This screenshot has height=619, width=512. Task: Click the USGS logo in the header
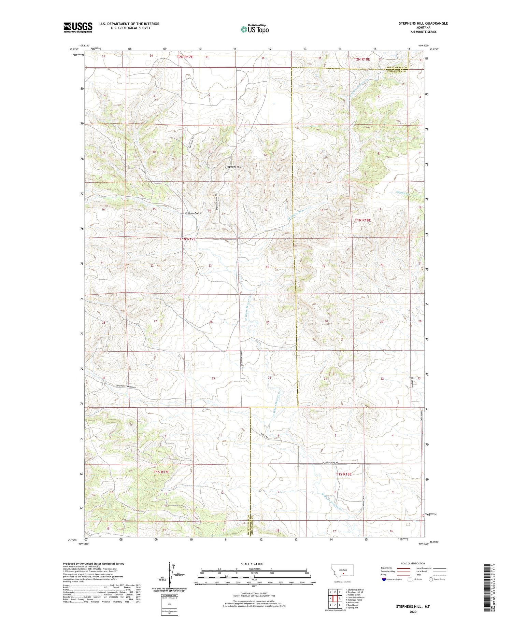[78, 27]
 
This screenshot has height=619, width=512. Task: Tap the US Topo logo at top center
[255, 29]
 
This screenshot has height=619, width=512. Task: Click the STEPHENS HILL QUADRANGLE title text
[423, 23]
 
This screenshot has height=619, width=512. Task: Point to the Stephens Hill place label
[233, 167]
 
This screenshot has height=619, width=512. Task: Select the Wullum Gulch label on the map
[193, 213]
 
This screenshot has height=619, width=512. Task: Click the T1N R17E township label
[188, 239]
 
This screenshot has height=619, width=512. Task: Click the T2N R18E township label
[362, 59]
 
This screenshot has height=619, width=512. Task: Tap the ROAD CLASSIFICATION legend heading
[413, 563]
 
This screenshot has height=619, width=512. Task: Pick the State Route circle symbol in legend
[431, 579]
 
